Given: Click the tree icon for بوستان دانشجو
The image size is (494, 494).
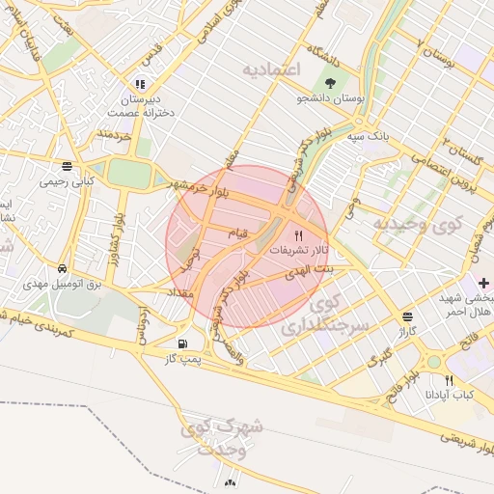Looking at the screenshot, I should (x=332, y=82).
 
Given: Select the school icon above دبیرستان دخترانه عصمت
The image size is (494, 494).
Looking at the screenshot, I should (x=141, y=85).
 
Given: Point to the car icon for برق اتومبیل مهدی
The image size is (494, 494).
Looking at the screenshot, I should (x=62, y=268).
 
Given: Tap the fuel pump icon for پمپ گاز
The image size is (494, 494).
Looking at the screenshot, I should (x=182, y=343).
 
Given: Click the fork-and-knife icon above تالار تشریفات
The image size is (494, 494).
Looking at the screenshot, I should (x=297, y=234).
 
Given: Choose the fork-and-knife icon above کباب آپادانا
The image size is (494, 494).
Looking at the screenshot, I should (x=449, y=380).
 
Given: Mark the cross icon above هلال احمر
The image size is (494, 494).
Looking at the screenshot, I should (x=483, y=282).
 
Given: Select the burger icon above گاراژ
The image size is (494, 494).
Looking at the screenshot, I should (x=407, y=316).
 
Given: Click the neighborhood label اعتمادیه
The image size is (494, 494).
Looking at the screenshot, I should (x=272, y=70).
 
